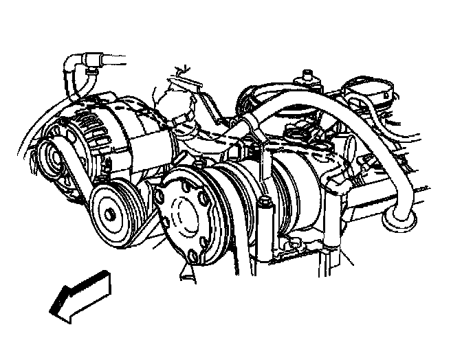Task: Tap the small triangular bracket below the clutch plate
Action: tap(184, 275)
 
